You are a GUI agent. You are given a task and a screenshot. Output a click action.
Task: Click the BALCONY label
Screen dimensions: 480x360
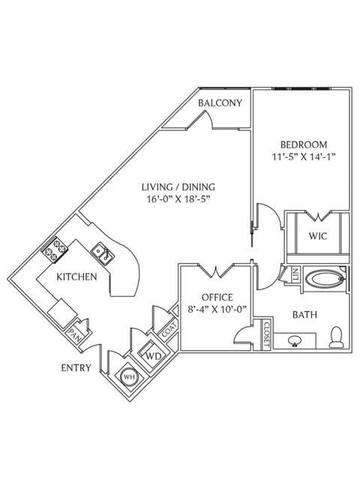pyautogui.click(x=220, y=103)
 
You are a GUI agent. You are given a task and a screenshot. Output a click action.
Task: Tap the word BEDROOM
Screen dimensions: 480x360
pyautogui.click(x=304, y=144)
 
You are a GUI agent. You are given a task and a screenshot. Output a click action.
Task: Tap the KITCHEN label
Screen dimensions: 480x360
pyautogui.click(x=77, y=277)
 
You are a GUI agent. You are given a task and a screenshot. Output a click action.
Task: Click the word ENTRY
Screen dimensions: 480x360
pyautogui.click(x=76, y=367)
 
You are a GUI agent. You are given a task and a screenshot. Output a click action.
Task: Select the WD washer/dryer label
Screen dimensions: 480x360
pyautogui.click(x=154, y=355)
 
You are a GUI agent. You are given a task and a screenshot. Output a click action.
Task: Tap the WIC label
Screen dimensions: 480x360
pyautogui.click(x=317, y=235)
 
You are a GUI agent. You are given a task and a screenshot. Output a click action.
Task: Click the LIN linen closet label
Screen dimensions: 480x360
pyautogui.click(x=295, y=275)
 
